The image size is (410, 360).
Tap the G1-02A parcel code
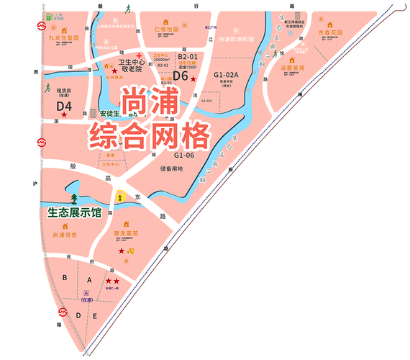click(226, 74)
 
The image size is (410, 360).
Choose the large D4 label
click(64, 107)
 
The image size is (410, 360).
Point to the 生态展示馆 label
click(74, 213)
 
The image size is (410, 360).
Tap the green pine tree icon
click(73, 196)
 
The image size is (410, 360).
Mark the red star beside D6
click(193, 77)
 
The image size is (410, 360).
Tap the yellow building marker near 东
click(121, 195)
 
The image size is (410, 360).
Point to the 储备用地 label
click(172, 168)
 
